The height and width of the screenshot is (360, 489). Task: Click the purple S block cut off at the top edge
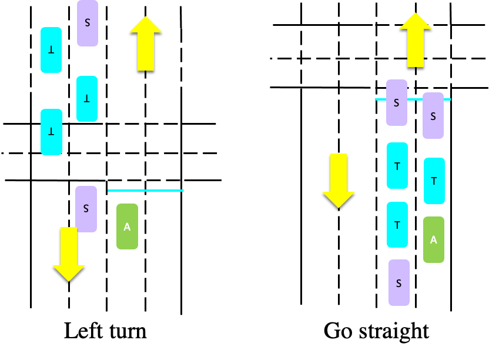88,23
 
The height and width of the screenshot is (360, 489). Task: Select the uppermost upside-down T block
51,50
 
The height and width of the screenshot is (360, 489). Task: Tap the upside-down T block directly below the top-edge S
87,99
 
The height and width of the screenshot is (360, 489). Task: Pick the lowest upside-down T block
51,132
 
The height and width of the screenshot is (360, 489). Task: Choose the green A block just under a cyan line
127,226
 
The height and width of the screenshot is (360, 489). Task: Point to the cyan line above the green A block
146,191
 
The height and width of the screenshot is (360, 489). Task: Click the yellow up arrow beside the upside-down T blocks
146,44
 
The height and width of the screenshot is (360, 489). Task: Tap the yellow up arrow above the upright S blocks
416,40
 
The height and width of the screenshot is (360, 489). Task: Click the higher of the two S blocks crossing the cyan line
397,103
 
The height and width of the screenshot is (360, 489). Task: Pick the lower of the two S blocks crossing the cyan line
433,116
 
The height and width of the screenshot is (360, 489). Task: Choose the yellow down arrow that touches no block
339,181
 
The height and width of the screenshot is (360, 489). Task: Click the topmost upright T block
397,165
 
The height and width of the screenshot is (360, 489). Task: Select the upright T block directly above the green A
434,181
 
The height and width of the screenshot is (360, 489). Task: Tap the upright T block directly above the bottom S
397,225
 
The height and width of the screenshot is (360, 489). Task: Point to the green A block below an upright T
434,239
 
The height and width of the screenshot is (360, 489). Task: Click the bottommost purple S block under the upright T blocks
399,283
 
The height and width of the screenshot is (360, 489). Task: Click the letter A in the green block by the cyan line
127,226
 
